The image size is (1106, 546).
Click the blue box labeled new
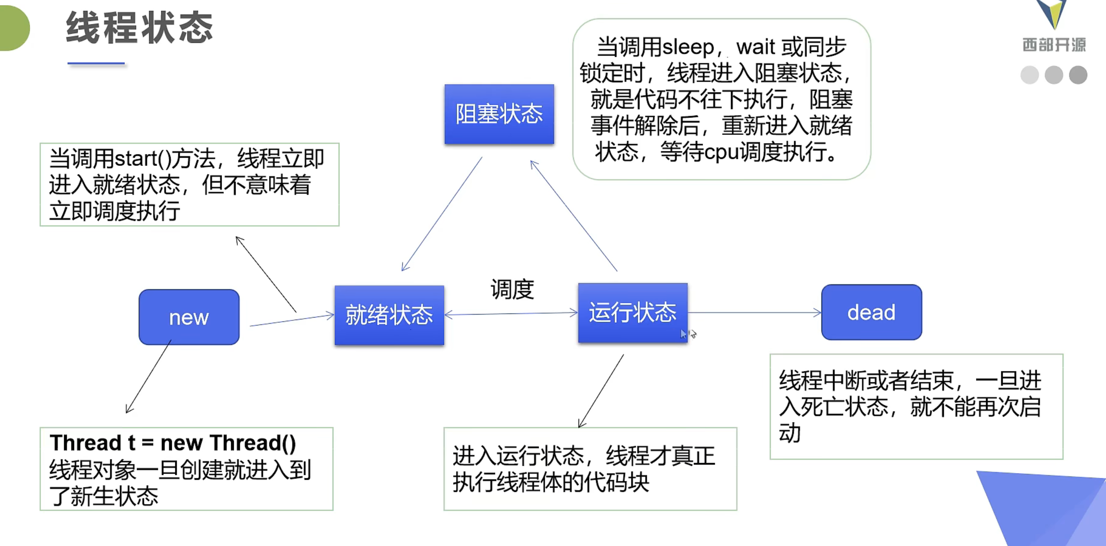tap(189, 317)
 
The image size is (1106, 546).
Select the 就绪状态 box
tap(389, 315)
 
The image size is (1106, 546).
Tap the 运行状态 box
tap(633, 313)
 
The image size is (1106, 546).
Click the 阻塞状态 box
tap(499, 114)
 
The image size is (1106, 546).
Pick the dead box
tap(871, 313)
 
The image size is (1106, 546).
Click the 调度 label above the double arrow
tap(512, 289)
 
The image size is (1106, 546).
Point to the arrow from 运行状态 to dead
tap(754, 313)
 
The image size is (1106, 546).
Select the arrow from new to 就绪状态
tap(292, 320)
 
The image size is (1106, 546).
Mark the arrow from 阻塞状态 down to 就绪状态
tap(442, 214)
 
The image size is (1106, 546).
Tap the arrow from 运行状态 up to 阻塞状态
tap(574, 216)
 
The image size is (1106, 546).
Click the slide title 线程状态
tap(139, 28)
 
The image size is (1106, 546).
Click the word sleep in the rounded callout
tap(688, 47)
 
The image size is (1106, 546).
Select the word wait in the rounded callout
tap(755, 47)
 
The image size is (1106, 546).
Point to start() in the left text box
tap(143, 159)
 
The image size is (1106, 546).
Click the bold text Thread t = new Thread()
tap(173, 443)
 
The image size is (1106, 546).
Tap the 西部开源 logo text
tap(1054, 45)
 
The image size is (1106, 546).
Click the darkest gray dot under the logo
tap(1078, 75)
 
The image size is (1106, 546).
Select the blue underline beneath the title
tap(96, 63)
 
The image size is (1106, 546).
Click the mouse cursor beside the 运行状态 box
tap(683, 334)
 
